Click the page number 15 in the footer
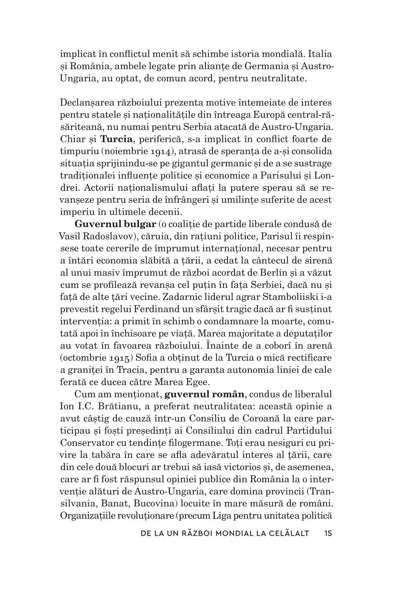pyautogui.click(x=328, y=534)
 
